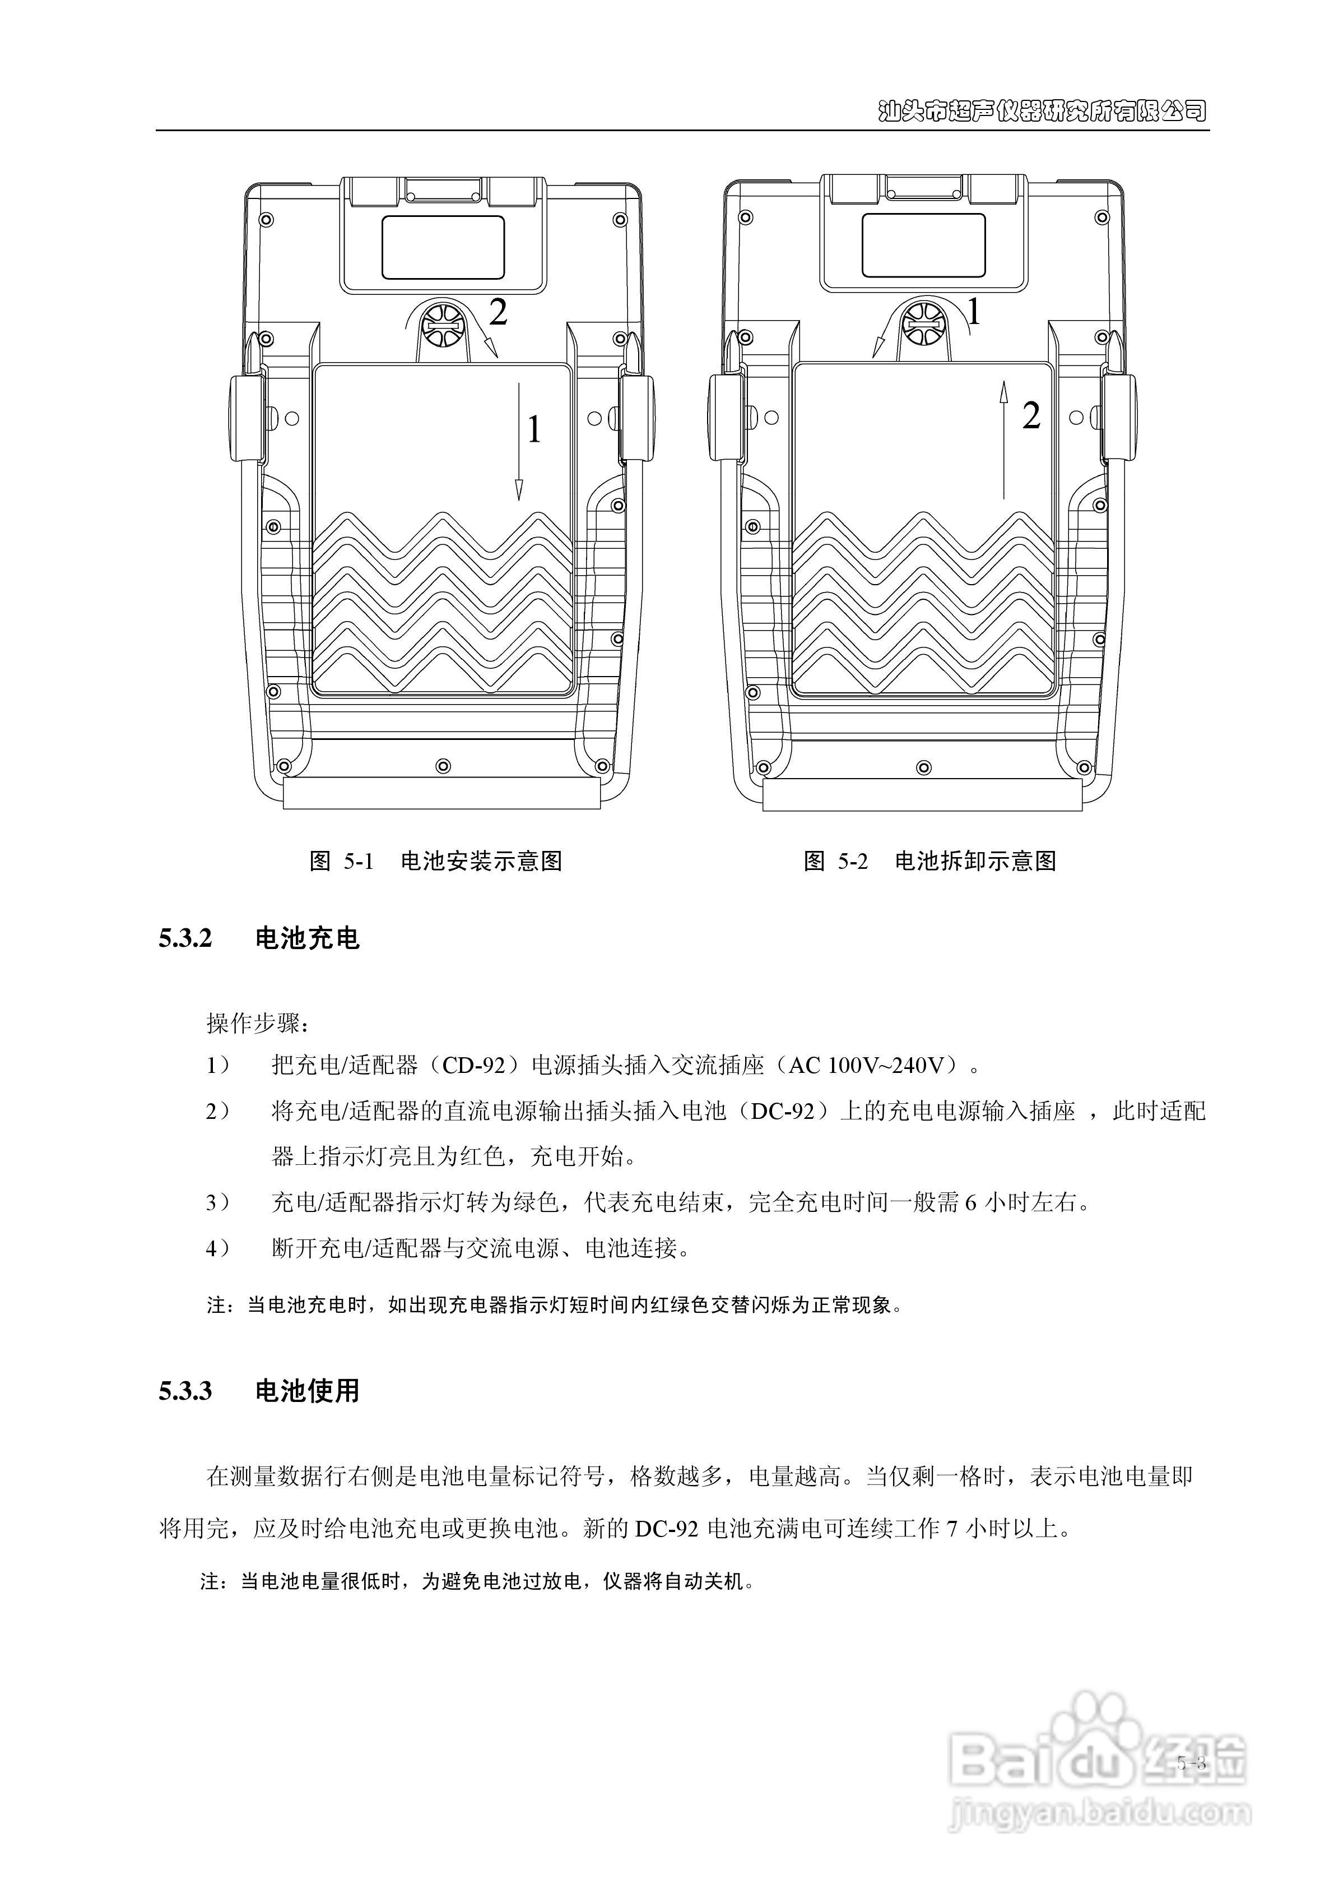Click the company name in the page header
(1042, 111)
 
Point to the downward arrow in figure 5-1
(519, 440)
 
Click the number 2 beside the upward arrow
(1031, 416)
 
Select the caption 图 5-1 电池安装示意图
(436, 861)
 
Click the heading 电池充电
(308, 938)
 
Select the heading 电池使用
(308, 1391)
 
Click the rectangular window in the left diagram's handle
(443, 246)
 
